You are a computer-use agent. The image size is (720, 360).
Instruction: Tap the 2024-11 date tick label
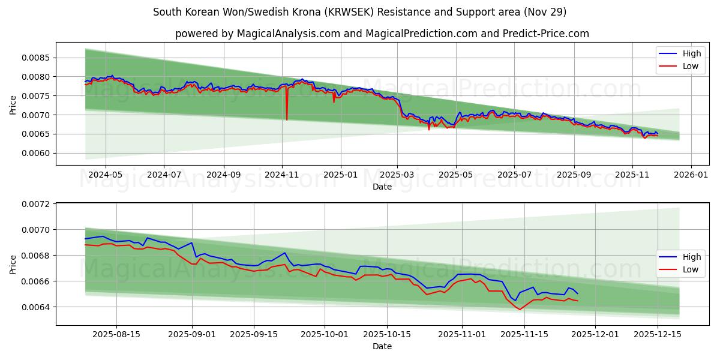pyautogui.click(x=282, y=175)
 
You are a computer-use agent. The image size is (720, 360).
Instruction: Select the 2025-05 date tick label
pyautogui.click(x=456, y=175)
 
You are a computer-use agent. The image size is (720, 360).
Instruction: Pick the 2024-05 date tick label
pyautogui.click(x=106, y=175)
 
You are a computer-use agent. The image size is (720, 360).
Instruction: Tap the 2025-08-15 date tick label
pyautogui.click(x=116, y=334)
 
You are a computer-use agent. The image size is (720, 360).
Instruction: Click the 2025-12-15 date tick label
pyautogui.click(x=658, y=334)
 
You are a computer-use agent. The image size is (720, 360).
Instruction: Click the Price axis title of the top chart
pyautogui.click(x=13, y=105)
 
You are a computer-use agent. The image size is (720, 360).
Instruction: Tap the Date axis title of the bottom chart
pyautogui.click(x=382, y=346)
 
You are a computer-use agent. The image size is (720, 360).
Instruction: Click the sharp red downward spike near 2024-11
pyautogui.click(x=287, y=119)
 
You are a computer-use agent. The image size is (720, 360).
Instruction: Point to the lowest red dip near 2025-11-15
pyautogui.click(x=520, y=309)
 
